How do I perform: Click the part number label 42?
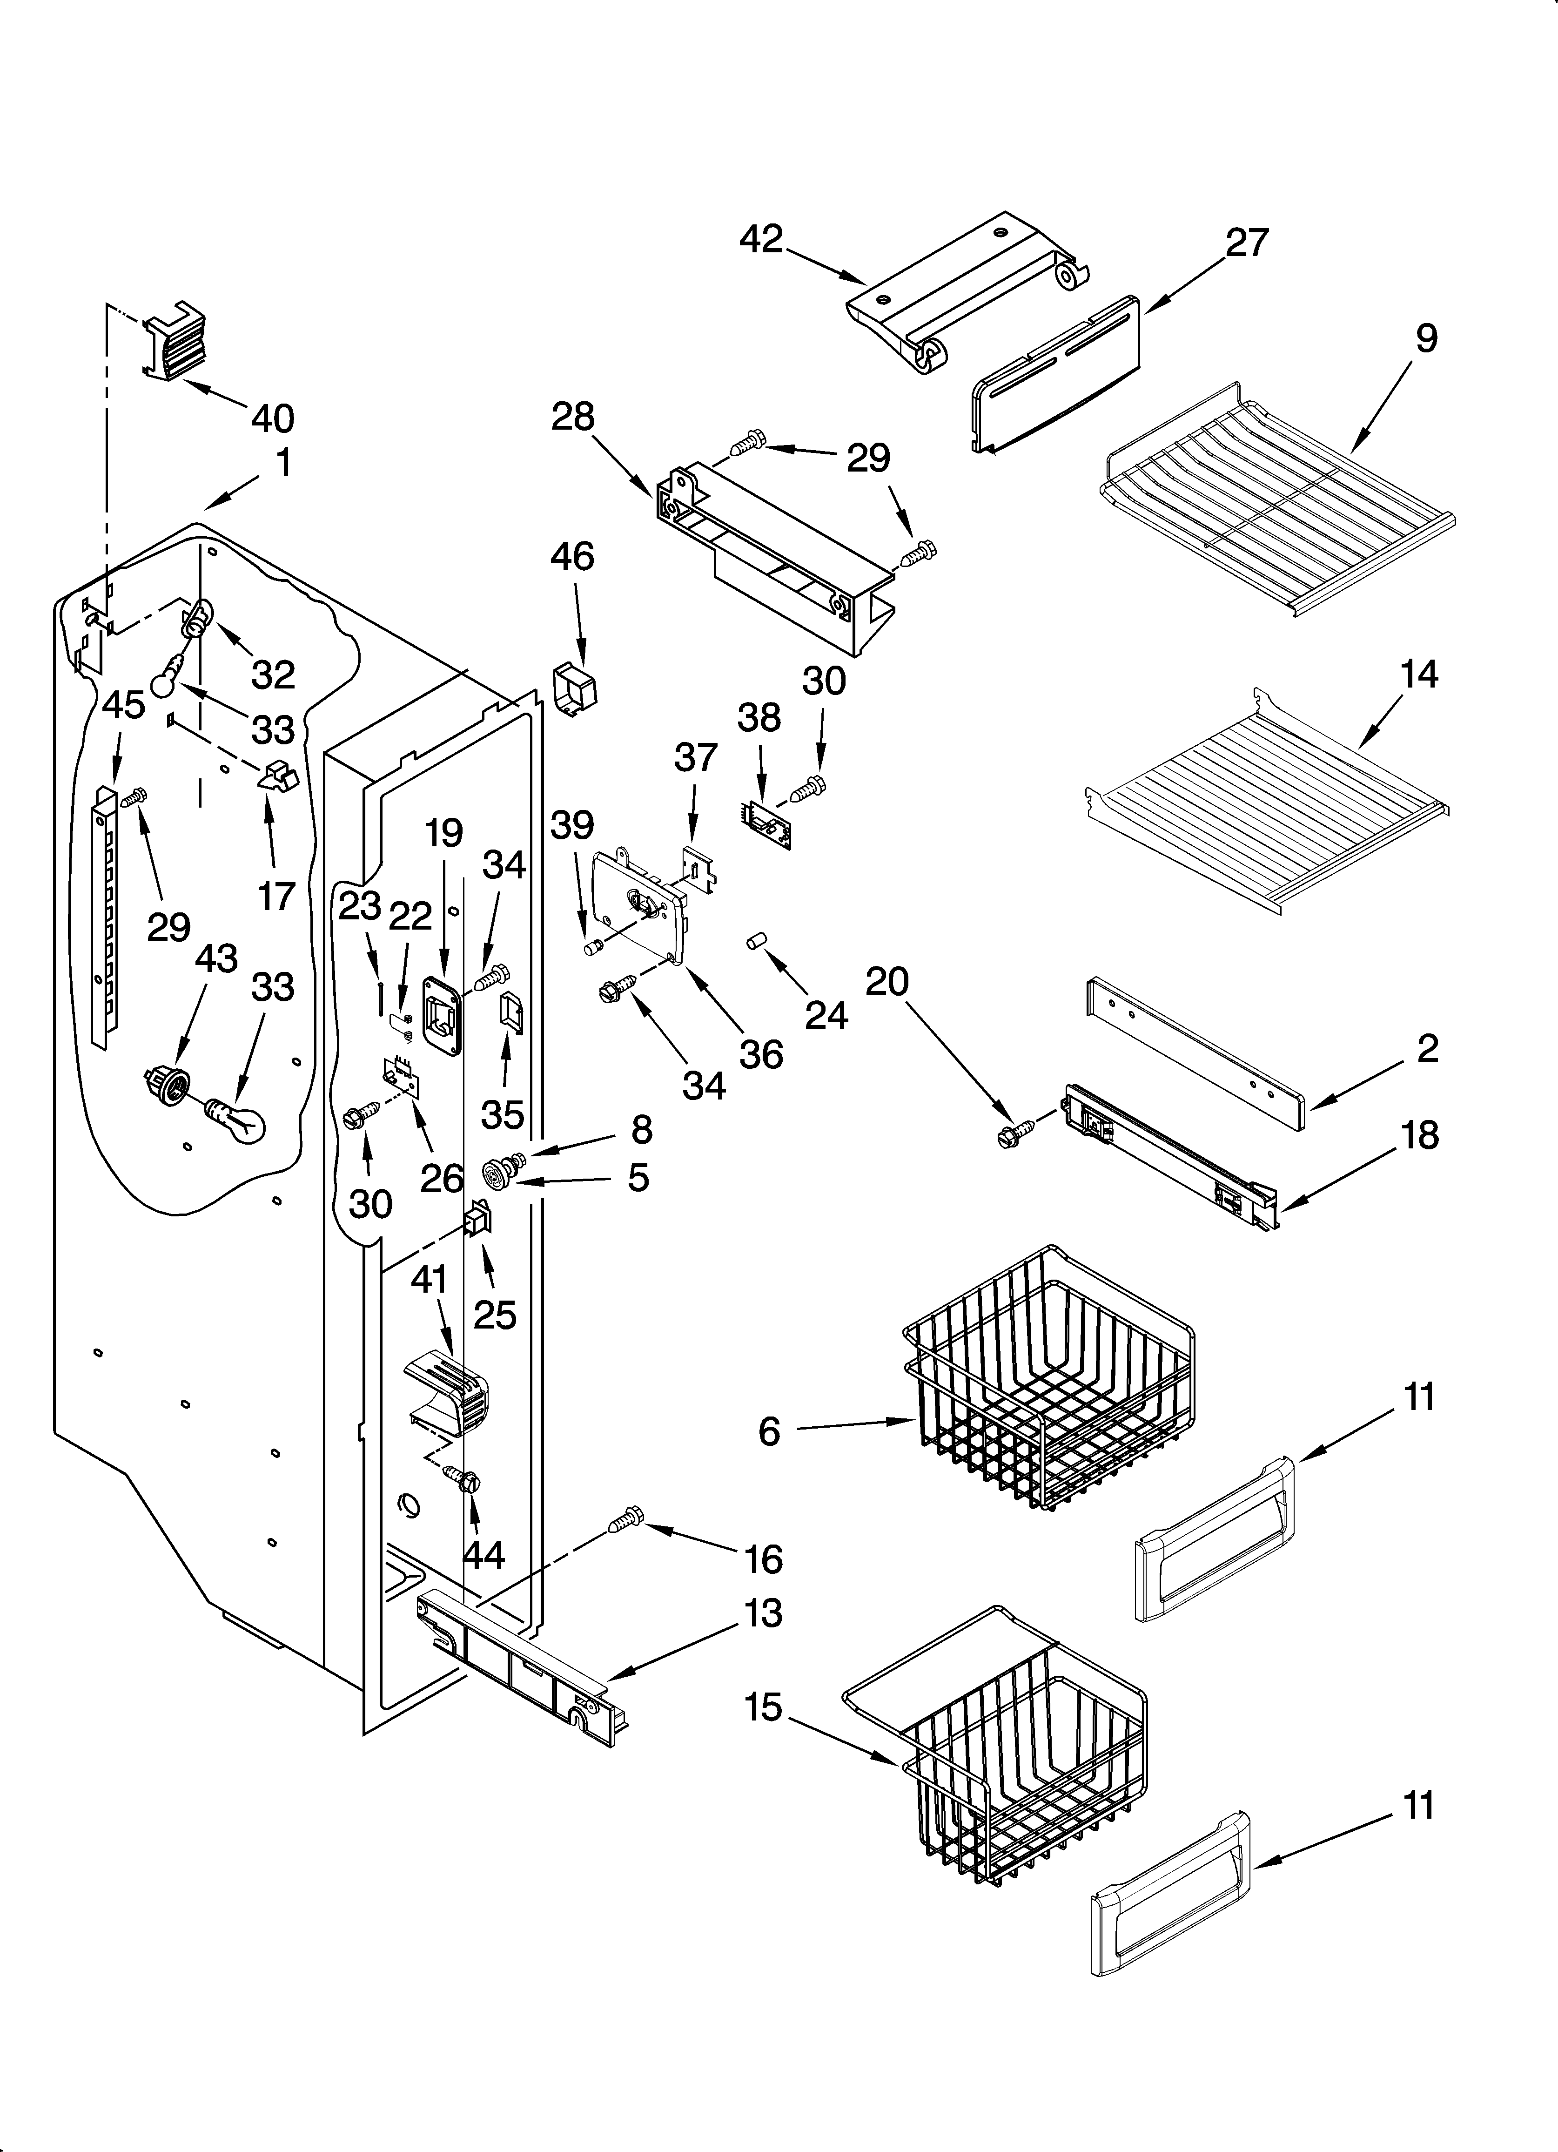(x=761, y=239)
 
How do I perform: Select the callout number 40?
(x=272, y=418)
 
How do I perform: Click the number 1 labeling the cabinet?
(x=283, y=463)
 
